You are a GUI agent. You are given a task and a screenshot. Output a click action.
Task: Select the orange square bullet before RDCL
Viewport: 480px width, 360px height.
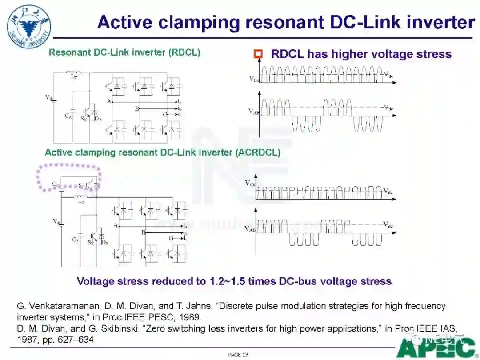pos(258,54)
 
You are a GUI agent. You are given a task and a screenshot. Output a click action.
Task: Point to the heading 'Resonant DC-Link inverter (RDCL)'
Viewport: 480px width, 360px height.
pos(124,52)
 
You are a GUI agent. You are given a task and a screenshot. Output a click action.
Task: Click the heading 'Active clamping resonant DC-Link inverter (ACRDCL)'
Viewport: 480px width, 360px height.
pos(162,152)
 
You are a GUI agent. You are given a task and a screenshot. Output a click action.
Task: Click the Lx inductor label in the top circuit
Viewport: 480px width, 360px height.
pos(74,77)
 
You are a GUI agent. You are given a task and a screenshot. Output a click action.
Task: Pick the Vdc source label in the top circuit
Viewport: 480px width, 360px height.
pos(49,96)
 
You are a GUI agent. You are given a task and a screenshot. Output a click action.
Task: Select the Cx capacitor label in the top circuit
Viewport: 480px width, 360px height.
pos(68,116)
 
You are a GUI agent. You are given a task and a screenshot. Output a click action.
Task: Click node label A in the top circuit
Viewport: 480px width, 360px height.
pos(108,101)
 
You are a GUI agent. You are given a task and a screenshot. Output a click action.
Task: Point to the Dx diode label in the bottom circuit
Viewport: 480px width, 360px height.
pos(104,242)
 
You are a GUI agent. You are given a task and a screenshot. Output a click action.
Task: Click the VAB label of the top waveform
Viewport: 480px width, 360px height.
pos(253,112)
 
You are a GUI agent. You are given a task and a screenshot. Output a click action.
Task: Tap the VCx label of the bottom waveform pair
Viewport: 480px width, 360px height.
pos(250,183)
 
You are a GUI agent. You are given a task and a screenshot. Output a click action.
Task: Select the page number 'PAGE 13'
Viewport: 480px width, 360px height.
pos(238,355)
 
